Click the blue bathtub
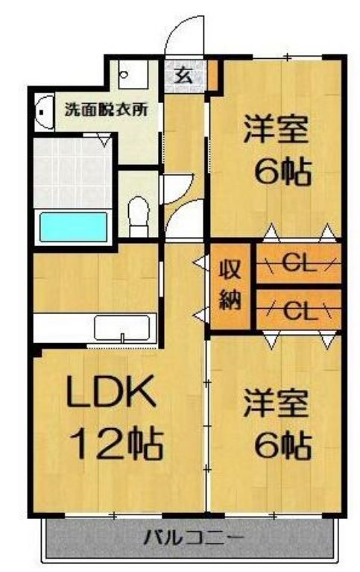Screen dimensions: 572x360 (x=73, y=227)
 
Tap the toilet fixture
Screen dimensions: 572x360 (x=138, y=212)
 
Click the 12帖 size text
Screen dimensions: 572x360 (x=116, y=444)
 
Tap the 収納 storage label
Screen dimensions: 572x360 (x=229, y=286)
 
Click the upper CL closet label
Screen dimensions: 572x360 (x=297, y=264)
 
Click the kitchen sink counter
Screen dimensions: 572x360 (x=123, y=327)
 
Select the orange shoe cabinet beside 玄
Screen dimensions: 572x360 (x=212, y=73)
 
